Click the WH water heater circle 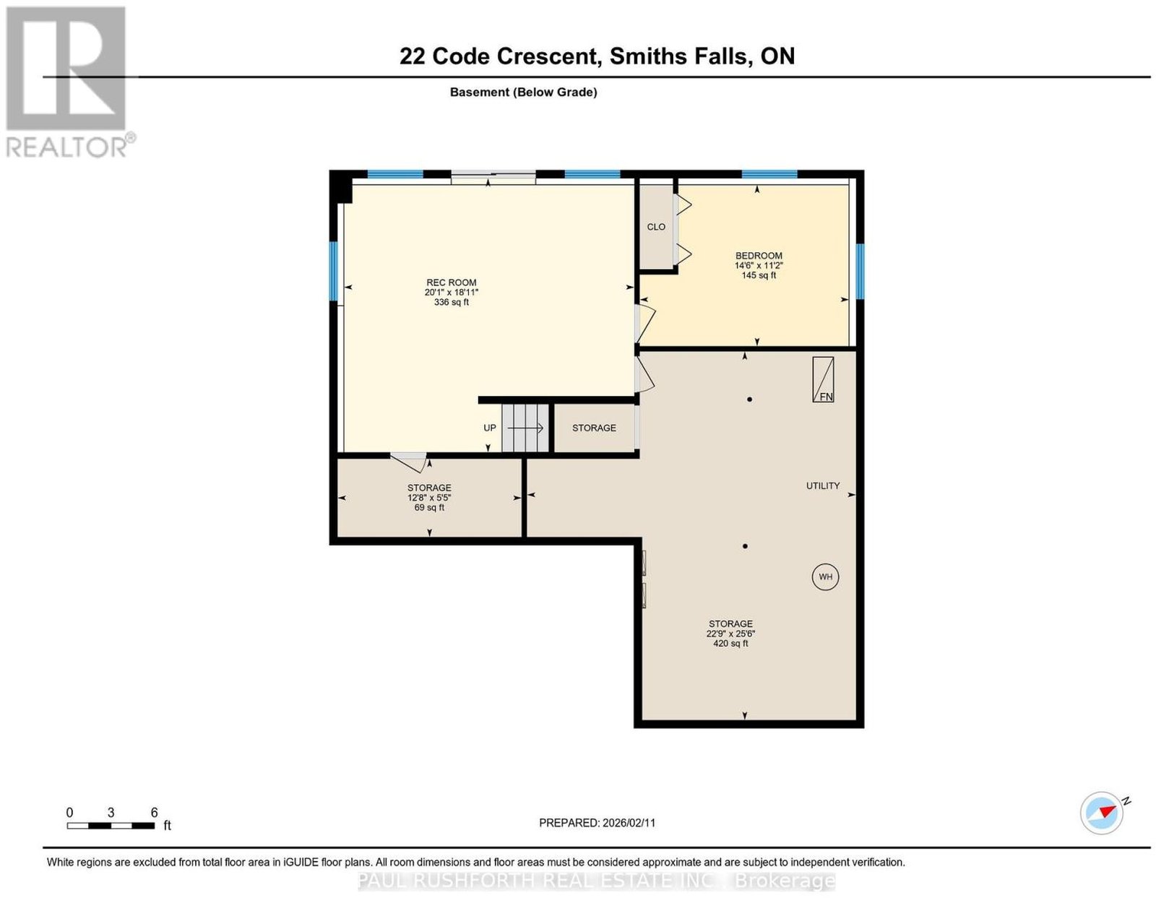click(x=825, y=577)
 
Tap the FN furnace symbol click(x=823, y=379)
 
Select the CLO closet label click(x=656, y=227)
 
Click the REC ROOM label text click(x=452, y=283)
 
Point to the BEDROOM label click(x=759, y=256)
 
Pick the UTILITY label click(x=823, y=486)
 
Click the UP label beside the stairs click(x=489, y=428)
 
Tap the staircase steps click(x=525, y=428)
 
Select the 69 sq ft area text click(x=429, y=508)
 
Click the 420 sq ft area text click(x=730, y=643)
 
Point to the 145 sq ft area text click(x=759, y=275)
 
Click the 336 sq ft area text click(x=452, y=303)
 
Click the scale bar click(x=111, y=826)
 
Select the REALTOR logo click(x=70, y=82)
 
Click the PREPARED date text click(x=597, y=823)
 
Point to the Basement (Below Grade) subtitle click(x=524, y=92)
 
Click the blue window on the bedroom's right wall click(x=860, y=272)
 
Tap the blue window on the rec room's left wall click(x=334, y=271)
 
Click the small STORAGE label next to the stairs click(x=594, y=428)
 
